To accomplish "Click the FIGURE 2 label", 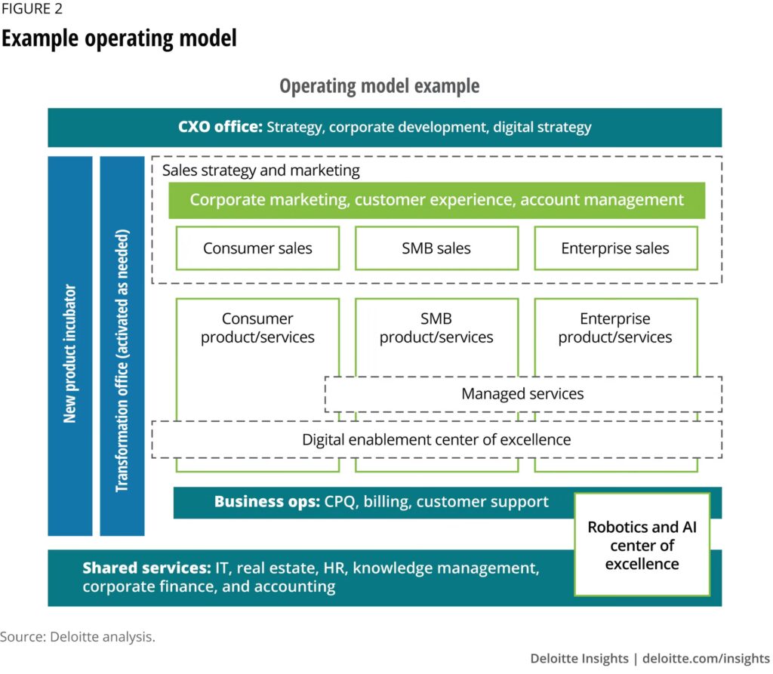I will [x=32, y=10].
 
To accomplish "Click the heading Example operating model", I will [x=119, y=38].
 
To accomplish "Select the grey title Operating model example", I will [x=379, y=86].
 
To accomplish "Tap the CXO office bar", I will [x=384, y=127].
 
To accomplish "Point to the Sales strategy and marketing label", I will [x=261, y=170].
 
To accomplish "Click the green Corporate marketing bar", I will [x=436, y=200].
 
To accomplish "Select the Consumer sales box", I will [x=257, y=248].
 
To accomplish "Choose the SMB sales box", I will [x=436, y=248].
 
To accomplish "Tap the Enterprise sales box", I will [x=615, y=248].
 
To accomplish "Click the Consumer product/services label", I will [x=257, y=328].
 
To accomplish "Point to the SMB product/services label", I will [x=436, y=328].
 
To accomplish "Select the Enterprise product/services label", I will [x=615, y=328].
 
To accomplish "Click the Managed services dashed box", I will [x=522, y=393].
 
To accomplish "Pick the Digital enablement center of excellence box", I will [x=436, y=439].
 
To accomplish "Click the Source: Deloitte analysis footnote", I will [x=78, y=636].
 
